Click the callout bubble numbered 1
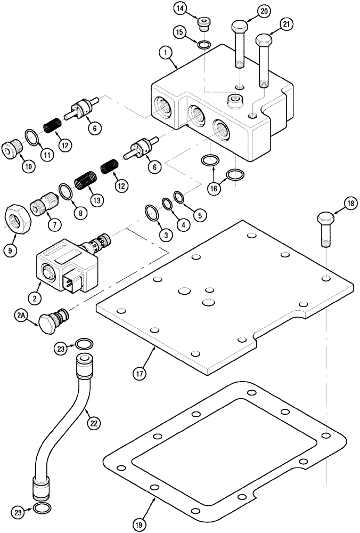coord(166,53)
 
